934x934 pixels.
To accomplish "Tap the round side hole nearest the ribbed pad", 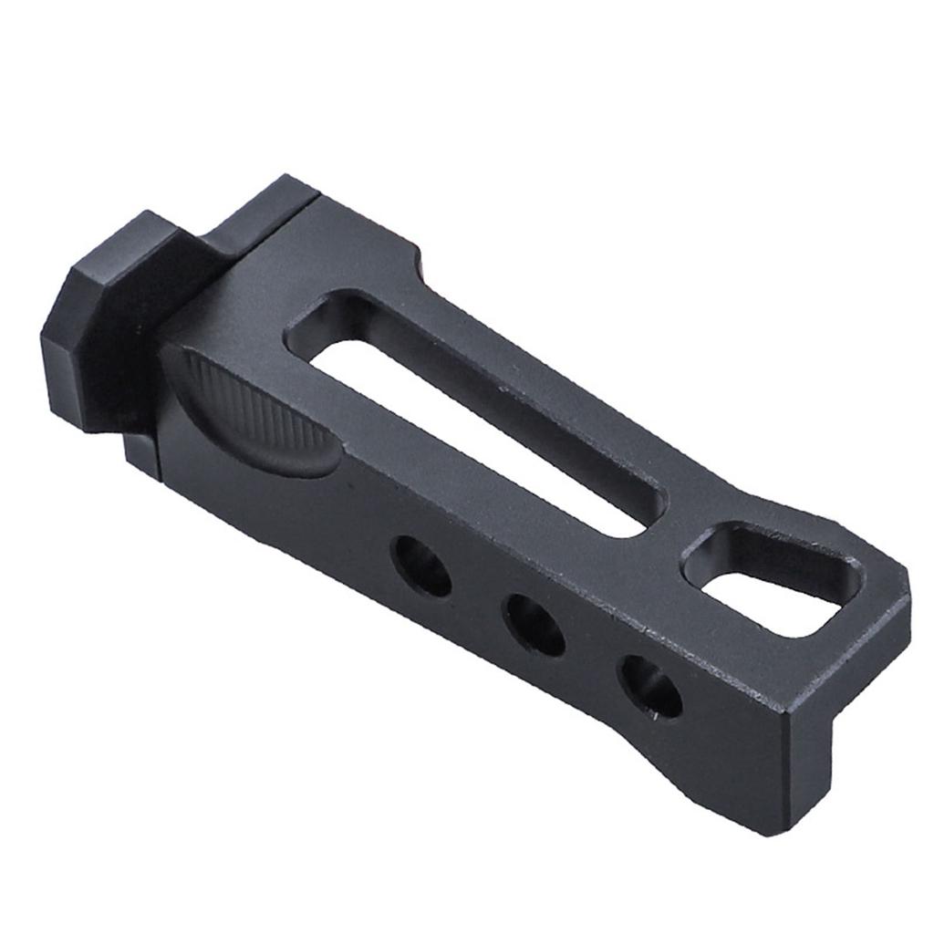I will coord(421,566).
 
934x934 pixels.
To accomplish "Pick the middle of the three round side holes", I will coord(535,625).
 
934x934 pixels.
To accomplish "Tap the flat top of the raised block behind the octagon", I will coord(260,214).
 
